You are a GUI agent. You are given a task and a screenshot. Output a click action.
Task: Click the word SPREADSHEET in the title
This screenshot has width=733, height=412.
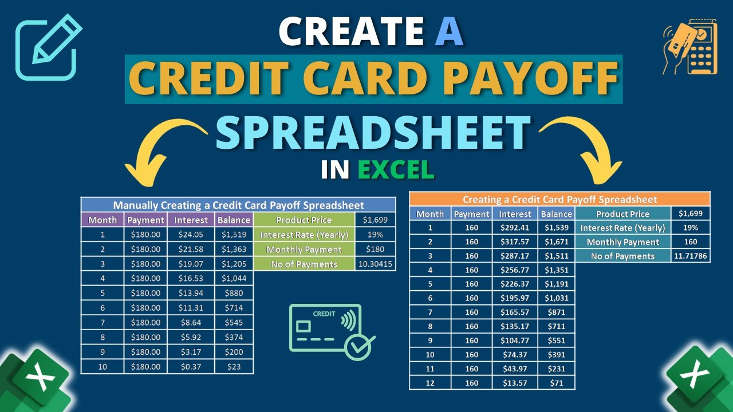372,133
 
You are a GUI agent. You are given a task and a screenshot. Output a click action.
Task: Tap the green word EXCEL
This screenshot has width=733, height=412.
396,169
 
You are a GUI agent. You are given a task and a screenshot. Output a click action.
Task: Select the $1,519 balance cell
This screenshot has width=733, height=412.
234,235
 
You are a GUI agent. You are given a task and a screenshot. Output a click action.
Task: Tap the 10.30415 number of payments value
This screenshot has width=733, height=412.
375,264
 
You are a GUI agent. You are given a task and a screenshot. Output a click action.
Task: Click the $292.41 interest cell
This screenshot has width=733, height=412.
515,228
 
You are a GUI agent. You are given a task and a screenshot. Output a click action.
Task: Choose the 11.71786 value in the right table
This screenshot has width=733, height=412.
690,256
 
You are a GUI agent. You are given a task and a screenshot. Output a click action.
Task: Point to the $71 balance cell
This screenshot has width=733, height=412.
557,383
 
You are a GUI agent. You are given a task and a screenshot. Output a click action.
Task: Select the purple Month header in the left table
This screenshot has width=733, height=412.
103,220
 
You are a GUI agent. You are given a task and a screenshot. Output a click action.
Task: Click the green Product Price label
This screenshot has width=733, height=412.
304,220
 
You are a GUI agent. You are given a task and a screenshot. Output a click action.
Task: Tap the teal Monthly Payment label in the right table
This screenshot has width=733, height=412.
622,242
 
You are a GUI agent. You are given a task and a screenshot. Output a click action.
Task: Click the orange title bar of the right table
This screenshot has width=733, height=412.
559,199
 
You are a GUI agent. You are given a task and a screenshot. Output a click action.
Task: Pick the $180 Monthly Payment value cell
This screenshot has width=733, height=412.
375,249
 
